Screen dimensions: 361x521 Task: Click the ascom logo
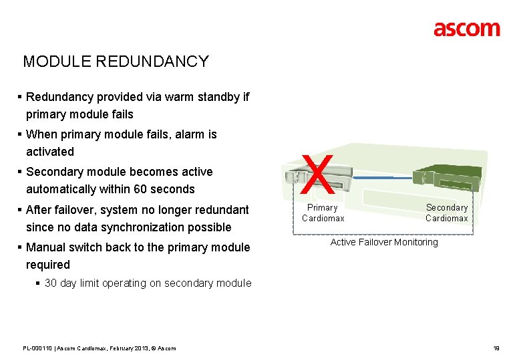point(466,29)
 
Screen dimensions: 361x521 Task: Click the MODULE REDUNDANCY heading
point(116,62)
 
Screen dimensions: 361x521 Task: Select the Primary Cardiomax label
point(323,213)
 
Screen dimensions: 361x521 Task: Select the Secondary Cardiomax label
point(447,213)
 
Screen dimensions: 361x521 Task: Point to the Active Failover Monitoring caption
point(384,242)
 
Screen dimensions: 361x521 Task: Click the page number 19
point(496,348)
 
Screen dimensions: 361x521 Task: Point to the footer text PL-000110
point(37,348)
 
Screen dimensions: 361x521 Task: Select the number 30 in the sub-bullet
point(51,283)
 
